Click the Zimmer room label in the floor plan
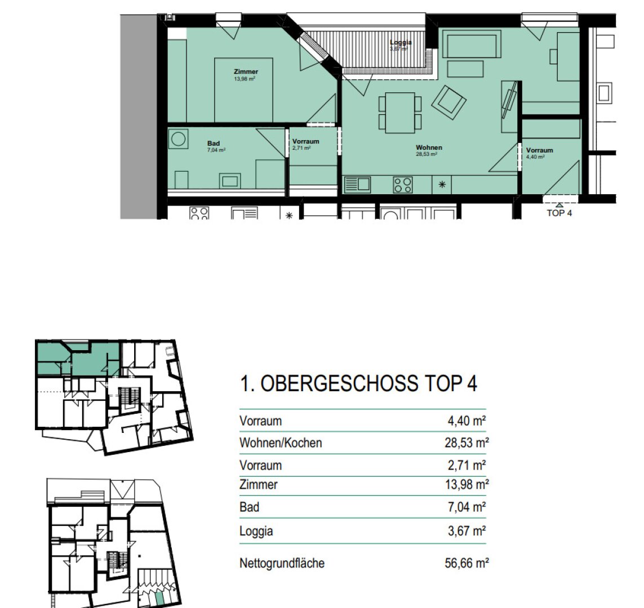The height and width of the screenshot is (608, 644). pyautogui.click(x=246, y=72)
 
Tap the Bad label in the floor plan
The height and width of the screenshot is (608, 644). pyautogui.click(x=214, y=144)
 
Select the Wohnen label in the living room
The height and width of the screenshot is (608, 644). pyautogui.click(x=429, y=148)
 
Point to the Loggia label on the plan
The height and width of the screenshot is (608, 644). pyautogui.click(x=401, y=43)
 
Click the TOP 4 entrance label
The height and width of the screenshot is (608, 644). pyautogui.click(x=559, y=213)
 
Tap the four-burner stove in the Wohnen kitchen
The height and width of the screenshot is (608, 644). pyautogui.click(x=402, y=185)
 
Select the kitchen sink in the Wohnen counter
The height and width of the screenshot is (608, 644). pyautogui.click(x=357, y=184)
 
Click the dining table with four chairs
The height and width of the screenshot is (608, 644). pyautogui.click(x=399, y=113)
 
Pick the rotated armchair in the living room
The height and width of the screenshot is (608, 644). pyautogui.click(x=449, y=102)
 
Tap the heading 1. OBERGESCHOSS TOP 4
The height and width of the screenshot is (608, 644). pyautogui.click(x=358, y=384)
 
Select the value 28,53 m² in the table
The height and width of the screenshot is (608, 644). pyautogui.click(x=466, y=443)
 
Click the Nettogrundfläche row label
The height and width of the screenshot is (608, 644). pyautogui.click(x=282, y=563)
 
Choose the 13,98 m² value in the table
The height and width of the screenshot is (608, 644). pyautogui.click(x=466, y=484)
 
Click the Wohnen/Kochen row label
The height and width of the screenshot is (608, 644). pyautogui.click(x=281, y=443)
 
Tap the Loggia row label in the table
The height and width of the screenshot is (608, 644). pyautogui.click(x=256, y=531)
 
